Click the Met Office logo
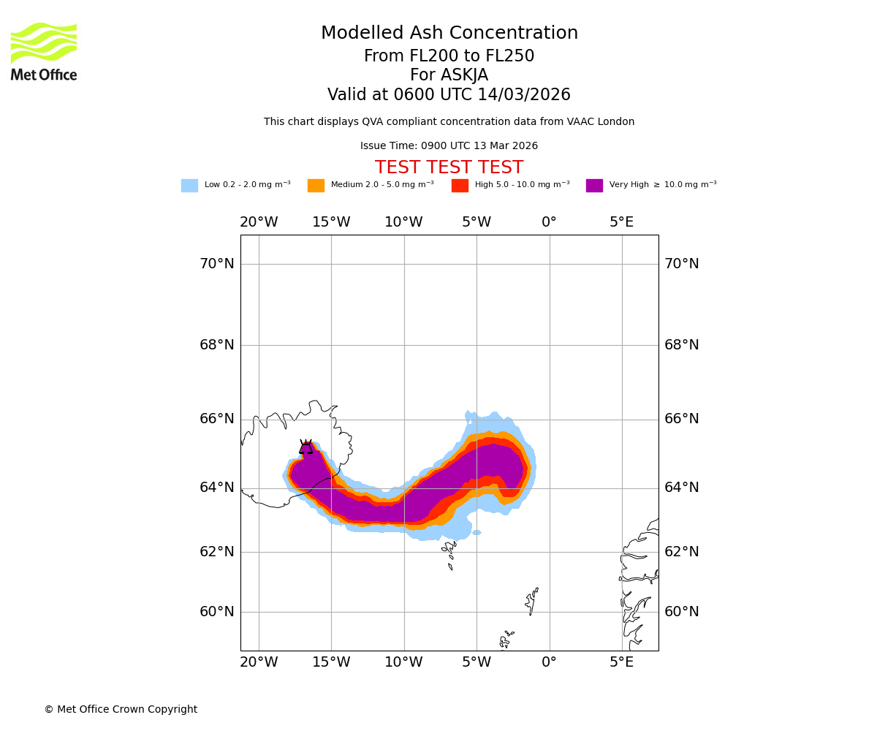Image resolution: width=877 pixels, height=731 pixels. (x=44, y=51)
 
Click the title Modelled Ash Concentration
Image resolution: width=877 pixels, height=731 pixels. (x=449, y=34)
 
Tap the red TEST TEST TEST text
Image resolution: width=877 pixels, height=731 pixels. (x=449, y=168)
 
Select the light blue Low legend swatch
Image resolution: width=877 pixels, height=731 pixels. (x=189, y=186)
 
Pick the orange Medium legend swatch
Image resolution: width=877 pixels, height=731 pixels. (x=316, y=186)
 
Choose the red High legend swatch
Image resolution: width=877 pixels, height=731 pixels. (x=460, y=186)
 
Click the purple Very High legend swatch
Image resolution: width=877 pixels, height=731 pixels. (x=594, y=186)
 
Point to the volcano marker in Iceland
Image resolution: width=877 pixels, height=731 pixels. (x=305, y=447)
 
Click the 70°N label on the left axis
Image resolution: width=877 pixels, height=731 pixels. (x=217, y=264)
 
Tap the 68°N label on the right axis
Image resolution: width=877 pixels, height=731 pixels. (x=681, y=345)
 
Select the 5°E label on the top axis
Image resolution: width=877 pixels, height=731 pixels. (x=622, y=222)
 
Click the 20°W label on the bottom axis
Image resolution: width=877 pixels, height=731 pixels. (x=259, y=662)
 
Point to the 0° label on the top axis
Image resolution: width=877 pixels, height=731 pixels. (x=549, y=222)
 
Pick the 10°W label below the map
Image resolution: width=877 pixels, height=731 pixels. (x=403, y=662)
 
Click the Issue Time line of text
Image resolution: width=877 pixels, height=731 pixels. (x=449, y=146)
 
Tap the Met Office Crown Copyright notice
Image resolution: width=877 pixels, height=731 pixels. (x=121, y=710)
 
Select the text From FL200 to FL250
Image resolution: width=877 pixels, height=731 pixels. (x=449, y=56)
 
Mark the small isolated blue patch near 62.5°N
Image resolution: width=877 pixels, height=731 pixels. (x=477, y=533)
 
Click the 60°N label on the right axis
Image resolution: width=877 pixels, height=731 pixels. (x=681, y=612)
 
